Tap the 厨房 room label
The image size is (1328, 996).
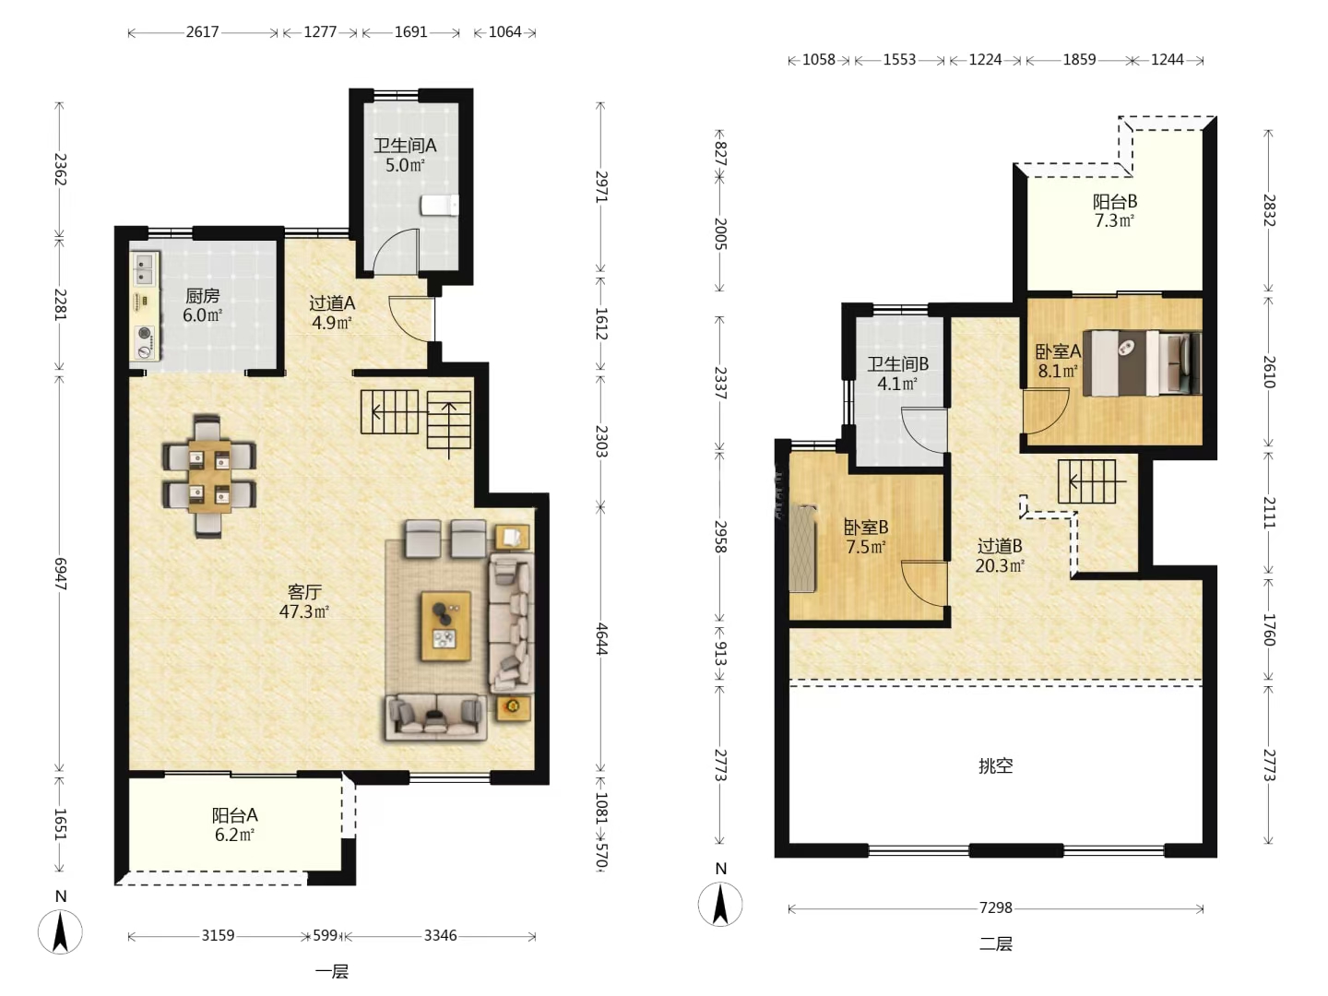pos(202,296)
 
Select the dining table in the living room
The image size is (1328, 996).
pos(209,476)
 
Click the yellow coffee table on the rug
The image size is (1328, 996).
pos(445,626)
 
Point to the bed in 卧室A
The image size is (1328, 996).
pos(1142,362)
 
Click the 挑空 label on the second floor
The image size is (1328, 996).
pos(995,766)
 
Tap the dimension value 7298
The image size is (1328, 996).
pos(995,907)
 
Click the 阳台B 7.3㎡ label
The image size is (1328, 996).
pos(1114,210)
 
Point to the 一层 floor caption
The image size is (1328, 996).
pos(332,972)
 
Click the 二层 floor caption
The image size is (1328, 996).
pos(995,943)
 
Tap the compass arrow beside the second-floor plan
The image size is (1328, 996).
pos(720,905)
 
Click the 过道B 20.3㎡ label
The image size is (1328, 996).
pos(1000,556)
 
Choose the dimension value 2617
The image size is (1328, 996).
pos(202,31)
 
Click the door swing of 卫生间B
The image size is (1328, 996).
pos(924,430)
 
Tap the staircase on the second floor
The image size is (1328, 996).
pos(1086,481)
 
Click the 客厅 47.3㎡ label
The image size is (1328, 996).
pos(303,601)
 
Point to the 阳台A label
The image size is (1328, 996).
pos(235,815)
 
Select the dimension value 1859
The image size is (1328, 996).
pos(1079,59)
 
